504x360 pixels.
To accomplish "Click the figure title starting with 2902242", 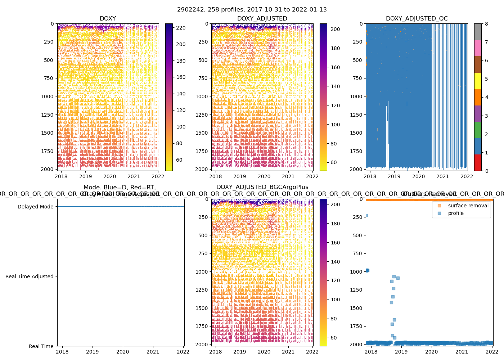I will click(x=252, y=10).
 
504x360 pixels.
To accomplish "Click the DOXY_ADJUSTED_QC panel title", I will click(x=417, y=19).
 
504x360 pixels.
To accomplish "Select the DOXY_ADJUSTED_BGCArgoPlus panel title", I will click(x=262, y=187).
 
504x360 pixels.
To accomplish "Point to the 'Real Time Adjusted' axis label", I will click(x=29, y=276).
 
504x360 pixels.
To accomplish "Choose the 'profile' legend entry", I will click(x=456, y=213).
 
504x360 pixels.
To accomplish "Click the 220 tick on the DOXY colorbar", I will click(x=181, y=28).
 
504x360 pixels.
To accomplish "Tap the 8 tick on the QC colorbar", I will click(x=486, y=24).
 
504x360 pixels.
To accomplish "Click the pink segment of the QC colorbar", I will click(x=478, y=48).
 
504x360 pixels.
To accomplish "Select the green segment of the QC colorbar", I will click(x=478, y=130).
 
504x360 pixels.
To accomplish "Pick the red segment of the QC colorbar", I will click(x=478, y=162).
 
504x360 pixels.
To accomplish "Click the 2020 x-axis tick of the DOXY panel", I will click(x=110, y=176).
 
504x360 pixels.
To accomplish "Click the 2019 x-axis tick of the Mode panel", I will click(x=93, y=352).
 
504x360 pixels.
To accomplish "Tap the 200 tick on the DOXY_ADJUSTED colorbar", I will click(x=335, y=29).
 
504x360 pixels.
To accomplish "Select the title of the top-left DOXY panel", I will click(x=108, y=19).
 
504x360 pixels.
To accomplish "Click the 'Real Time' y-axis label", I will click(x=41, y=346).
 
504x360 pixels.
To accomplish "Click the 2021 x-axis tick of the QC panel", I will click(x=443, y=176).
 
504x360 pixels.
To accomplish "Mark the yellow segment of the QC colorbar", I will click(x=478, y=81).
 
